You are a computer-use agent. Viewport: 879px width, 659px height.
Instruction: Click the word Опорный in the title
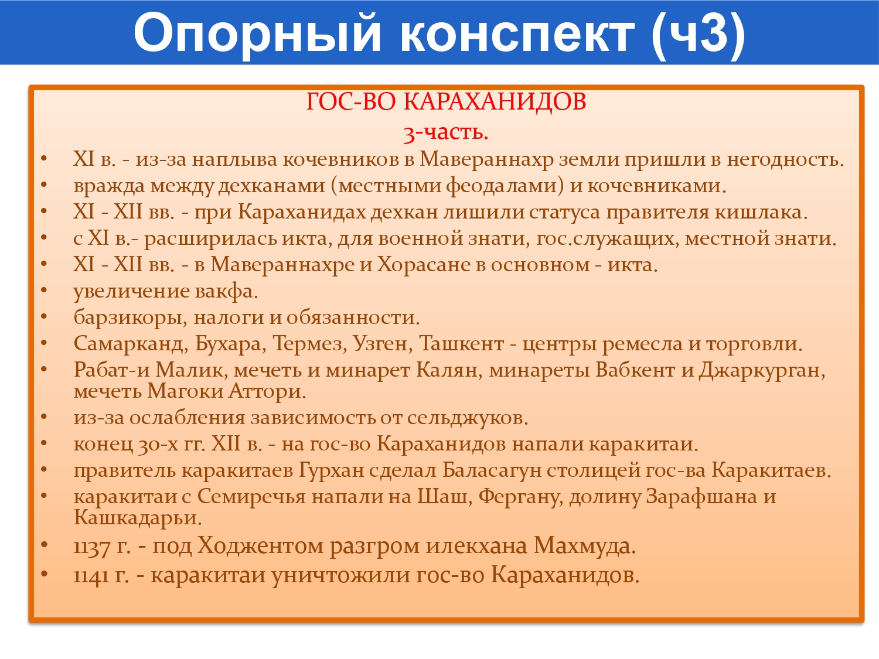point(257,33)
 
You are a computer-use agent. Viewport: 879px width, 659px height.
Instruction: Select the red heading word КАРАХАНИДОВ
point(495,101)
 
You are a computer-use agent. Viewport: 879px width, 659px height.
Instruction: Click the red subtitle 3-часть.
point(446,132)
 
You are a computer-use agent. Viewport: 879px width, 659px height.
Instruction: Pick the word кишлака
point(761,212)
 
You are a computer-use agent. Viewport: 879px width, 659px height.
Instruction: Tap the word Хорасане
point(424,265)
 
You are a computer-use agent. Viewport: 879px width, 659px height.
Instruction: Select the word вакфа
point(227,291)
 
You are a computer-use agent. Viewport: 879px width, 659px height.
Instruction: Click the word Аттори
point(267,391)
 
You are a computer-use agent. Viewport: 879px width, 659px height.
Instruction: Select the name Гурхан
point(332,470)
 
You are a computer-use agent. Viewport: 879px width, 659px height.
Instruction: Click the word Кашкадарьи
point(138,518)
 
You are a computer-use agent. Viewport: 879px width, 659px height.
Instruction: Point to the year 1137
point(91,547)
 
